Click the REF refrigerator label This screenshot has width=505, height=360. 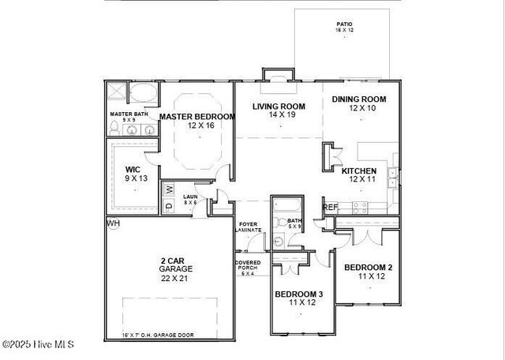coord(331,208)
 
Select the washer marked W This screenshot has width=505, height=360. coord(170,189)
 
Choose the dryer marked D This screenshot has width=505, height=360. coord(170,205)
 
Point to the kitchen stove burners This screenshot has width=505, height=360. coord(359,208)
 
